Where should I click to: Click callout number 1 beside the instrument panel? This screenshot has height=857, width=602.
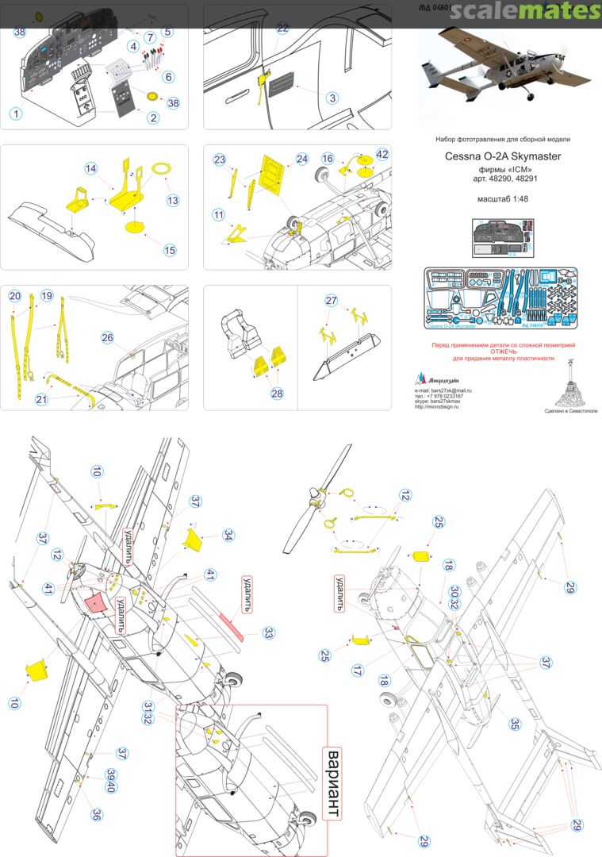pos(16,113)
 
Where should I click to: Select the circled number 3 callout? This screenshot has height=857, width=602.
pos(332,98)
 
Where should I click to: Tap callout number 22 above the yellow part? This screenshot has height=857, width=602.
pos(283,27)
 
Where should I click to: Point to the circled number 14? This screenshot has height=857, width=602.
pos(91,169)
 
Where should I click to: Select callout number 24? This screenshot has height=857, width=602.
pos(302,159)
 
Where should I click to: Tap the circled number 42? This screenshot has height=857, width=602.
pos(382,155)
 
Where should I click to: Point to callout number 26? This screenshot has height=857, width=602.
pos(108,337)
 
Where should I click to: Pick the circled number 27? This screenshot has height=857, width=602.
pos(331,301)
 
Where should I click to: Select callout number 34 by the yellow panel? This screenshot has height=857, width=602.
pos(228,535)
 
